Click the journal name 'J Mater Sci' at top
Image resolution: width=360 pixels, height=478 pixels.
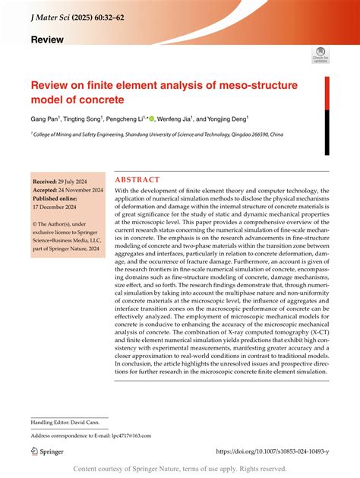(x=54, y=14)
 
